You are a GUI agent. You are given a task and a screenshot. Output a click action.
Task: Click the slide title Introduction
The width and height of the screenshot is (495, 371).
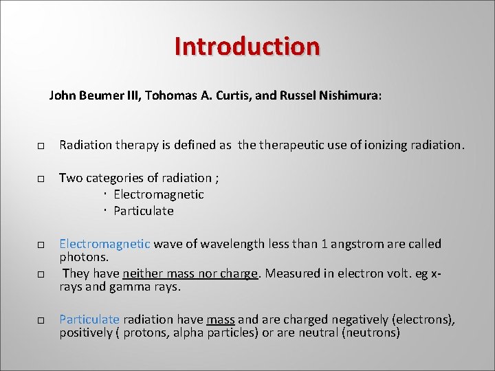pos(247,46)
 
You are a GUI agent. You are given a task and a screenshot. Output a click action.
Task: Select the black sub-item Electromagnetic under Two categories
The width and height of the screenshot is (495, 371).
pos(159,194)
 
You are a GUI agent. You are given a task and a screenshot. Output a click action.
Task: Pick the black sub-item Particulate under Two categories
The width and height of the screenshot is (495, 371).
pos(144,211)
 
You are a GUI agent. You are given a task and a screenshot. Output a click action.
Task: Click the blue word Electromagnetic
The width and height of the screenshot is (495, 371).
pos(104,244)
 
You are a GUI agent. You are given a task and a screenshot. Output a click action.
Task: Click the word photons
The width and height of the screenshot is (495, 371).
pos(83,256)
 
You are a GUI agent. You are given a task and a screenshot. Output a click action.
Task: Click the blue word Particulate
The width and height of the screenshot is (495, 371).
pos(89,319)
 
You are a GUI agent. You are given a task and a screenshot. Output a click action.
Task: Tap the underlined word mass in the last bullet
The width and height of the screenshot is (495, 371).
pos(221,319)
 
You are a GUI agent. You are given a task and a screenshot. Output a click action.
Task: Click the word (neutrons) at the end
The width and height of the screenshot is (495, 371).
pos(368,333)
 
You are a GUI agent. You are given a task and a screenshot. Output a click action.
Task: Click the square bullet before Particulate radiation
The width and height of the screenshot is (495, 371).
pos(41,321)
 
